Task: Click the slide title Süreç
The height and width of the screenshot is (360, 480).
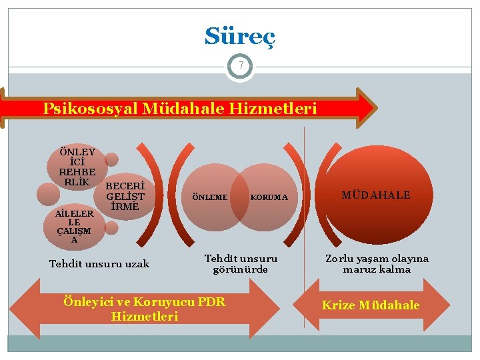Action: point(239,36)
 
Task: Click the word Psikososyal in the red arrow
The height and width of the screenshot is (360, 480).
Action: point(89,108)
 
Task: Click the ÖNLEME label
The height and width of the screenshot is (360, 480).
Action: point(209,197)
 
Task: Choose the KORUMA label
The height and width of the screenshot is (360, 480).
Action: point(269,197)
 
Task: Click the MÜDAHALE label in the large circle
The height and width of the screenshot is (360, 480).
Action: point(376,195)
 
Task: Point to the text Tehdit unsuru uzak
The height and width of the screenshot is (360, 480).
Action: point(99,264)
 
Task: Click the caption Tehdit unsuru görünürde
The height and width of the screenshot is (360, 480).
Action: point(241,263)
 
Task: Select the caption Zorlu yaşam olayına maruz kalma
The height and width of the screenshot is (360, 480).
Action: point(377,264)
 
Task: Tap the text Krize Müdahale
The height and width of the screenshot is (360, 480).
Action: point(371,305)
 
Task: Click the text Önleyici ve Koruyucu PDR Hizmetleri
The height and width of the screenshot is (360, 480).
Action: point(144,309)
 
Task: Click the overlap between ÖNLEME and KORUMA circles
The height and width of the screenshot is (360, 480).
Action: point(239,197)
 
